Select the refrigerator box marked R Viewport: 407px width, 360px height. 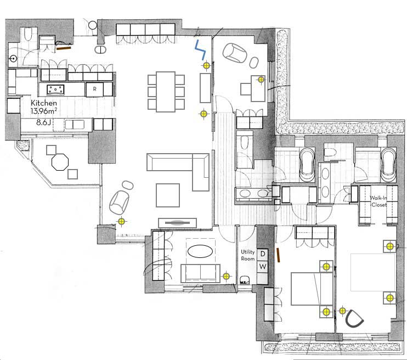[94, 88]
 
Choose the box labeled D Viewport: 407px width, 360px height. [262, 254]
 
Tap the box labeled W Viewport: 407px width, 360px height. [262, 267]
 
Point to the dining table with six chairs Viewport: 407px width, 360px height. [165, 91]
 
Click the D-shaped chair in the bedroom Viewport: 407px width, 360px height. [354, 319]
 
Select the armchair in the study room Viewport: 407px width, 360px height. [236, 53]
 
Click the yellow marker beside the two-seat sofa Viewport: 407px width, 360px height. [226, 276]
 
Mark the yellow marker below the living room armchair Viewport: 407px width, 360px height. [121, 222]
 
